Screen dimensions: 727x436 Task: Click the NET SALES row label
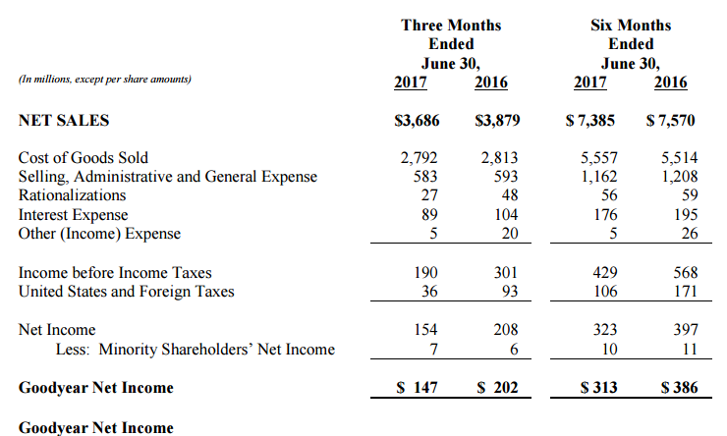click(64, 121)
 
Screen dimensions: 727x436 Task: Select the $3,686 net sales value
click(417, 121)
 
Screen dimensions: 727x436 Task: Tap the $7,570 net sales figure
click(670, 121)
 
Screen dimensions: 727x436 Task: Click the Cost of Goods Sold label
click(83, 157)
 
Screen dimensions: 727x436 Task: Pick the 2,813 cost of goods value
click(499, 157)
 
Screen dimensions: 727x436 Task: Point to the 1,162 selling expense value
click(599, 177)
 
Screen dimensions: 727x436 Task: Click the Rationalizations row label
click(72, 195)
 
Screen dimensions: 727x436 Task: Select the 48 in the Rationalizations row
click(510, 195)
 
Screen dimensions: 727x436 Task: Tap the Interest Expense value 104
click(506, 214)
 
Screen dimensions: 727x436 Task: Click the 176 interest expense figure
click(605, 214)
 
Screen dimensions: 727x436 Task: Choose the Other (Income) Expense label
click(99, 234)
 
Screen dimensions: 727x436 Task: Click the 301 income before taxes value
click(506, 272)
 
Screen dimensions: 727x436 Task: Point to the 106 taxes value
click(605, 292)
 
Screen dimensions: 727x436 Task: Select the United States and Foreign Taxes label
click(126, 292)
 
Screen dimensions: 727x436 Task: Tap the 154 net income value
click(425, 329)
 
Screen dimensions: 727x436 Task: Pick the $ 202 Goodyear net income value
click(497, 387)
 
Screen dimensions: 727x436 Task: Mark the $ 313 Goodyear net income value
click(598, 387)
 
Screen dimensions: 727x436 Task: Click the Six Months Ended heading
click(631, 34)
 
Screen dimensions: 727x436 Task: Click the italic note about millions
click(105, 80)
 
